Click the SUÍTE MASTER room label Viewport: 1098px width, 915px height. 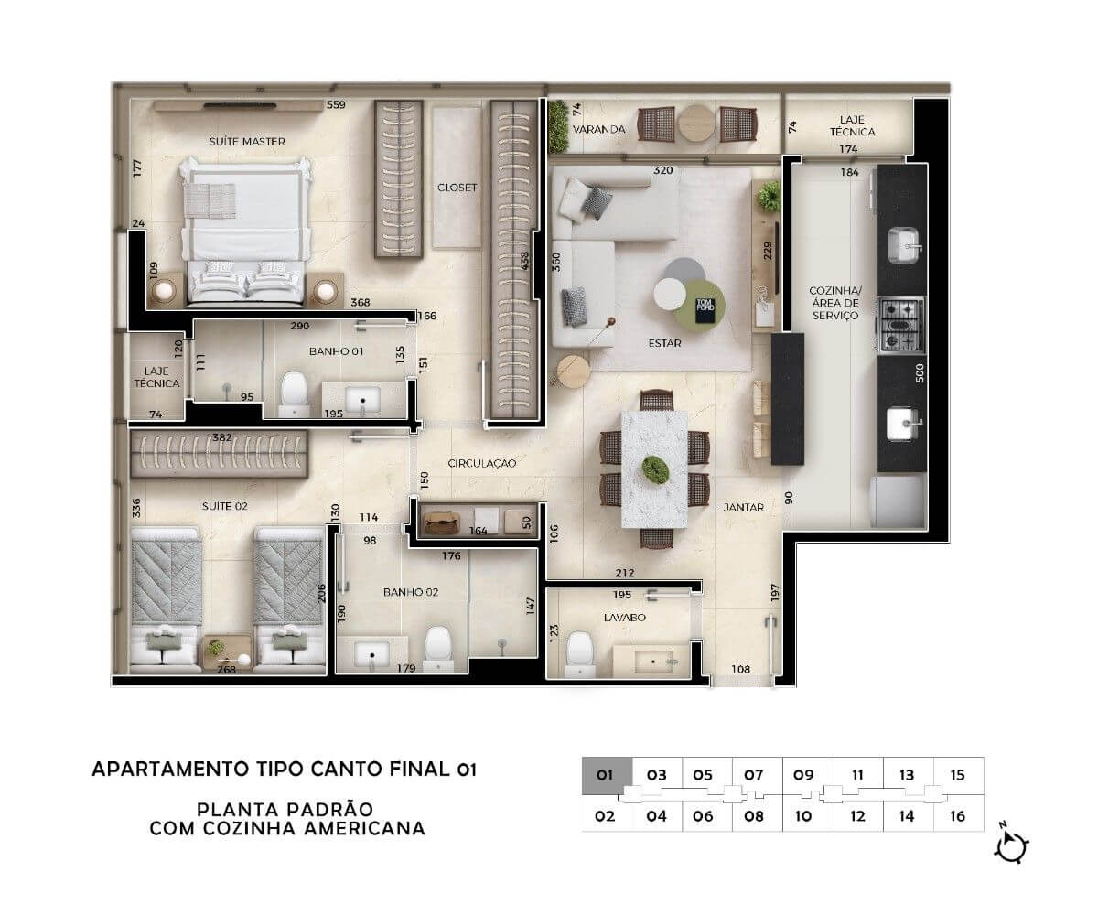tap(247, 142)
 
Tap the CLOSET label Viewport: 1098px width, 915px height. tap(457, 188)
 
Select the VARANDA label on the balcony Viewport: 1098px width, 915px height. tap(599, 129)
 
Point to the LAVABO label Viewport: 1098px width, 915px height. tap(624, 618)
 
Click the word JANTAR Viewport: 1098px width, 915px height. tap(743, 508)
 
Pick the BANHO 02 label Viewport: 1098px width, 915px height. tap(411, 592)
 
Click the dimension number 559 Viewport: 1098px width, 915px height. tap(336, 104)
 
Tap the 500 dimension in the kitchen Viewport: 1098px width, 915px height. tap(920, 372)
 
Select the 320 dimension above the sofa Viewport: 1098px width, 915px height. tap(663, 170)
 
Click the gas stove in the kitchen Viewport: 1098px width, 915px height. tap(900, 325)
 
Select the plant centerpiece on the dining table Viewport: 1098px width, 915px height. tap(655, 469)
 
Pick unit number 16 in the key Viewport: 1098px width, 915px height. tap(958, 816)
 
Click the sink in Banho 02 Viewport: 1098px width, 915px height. tap(372, 654)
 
